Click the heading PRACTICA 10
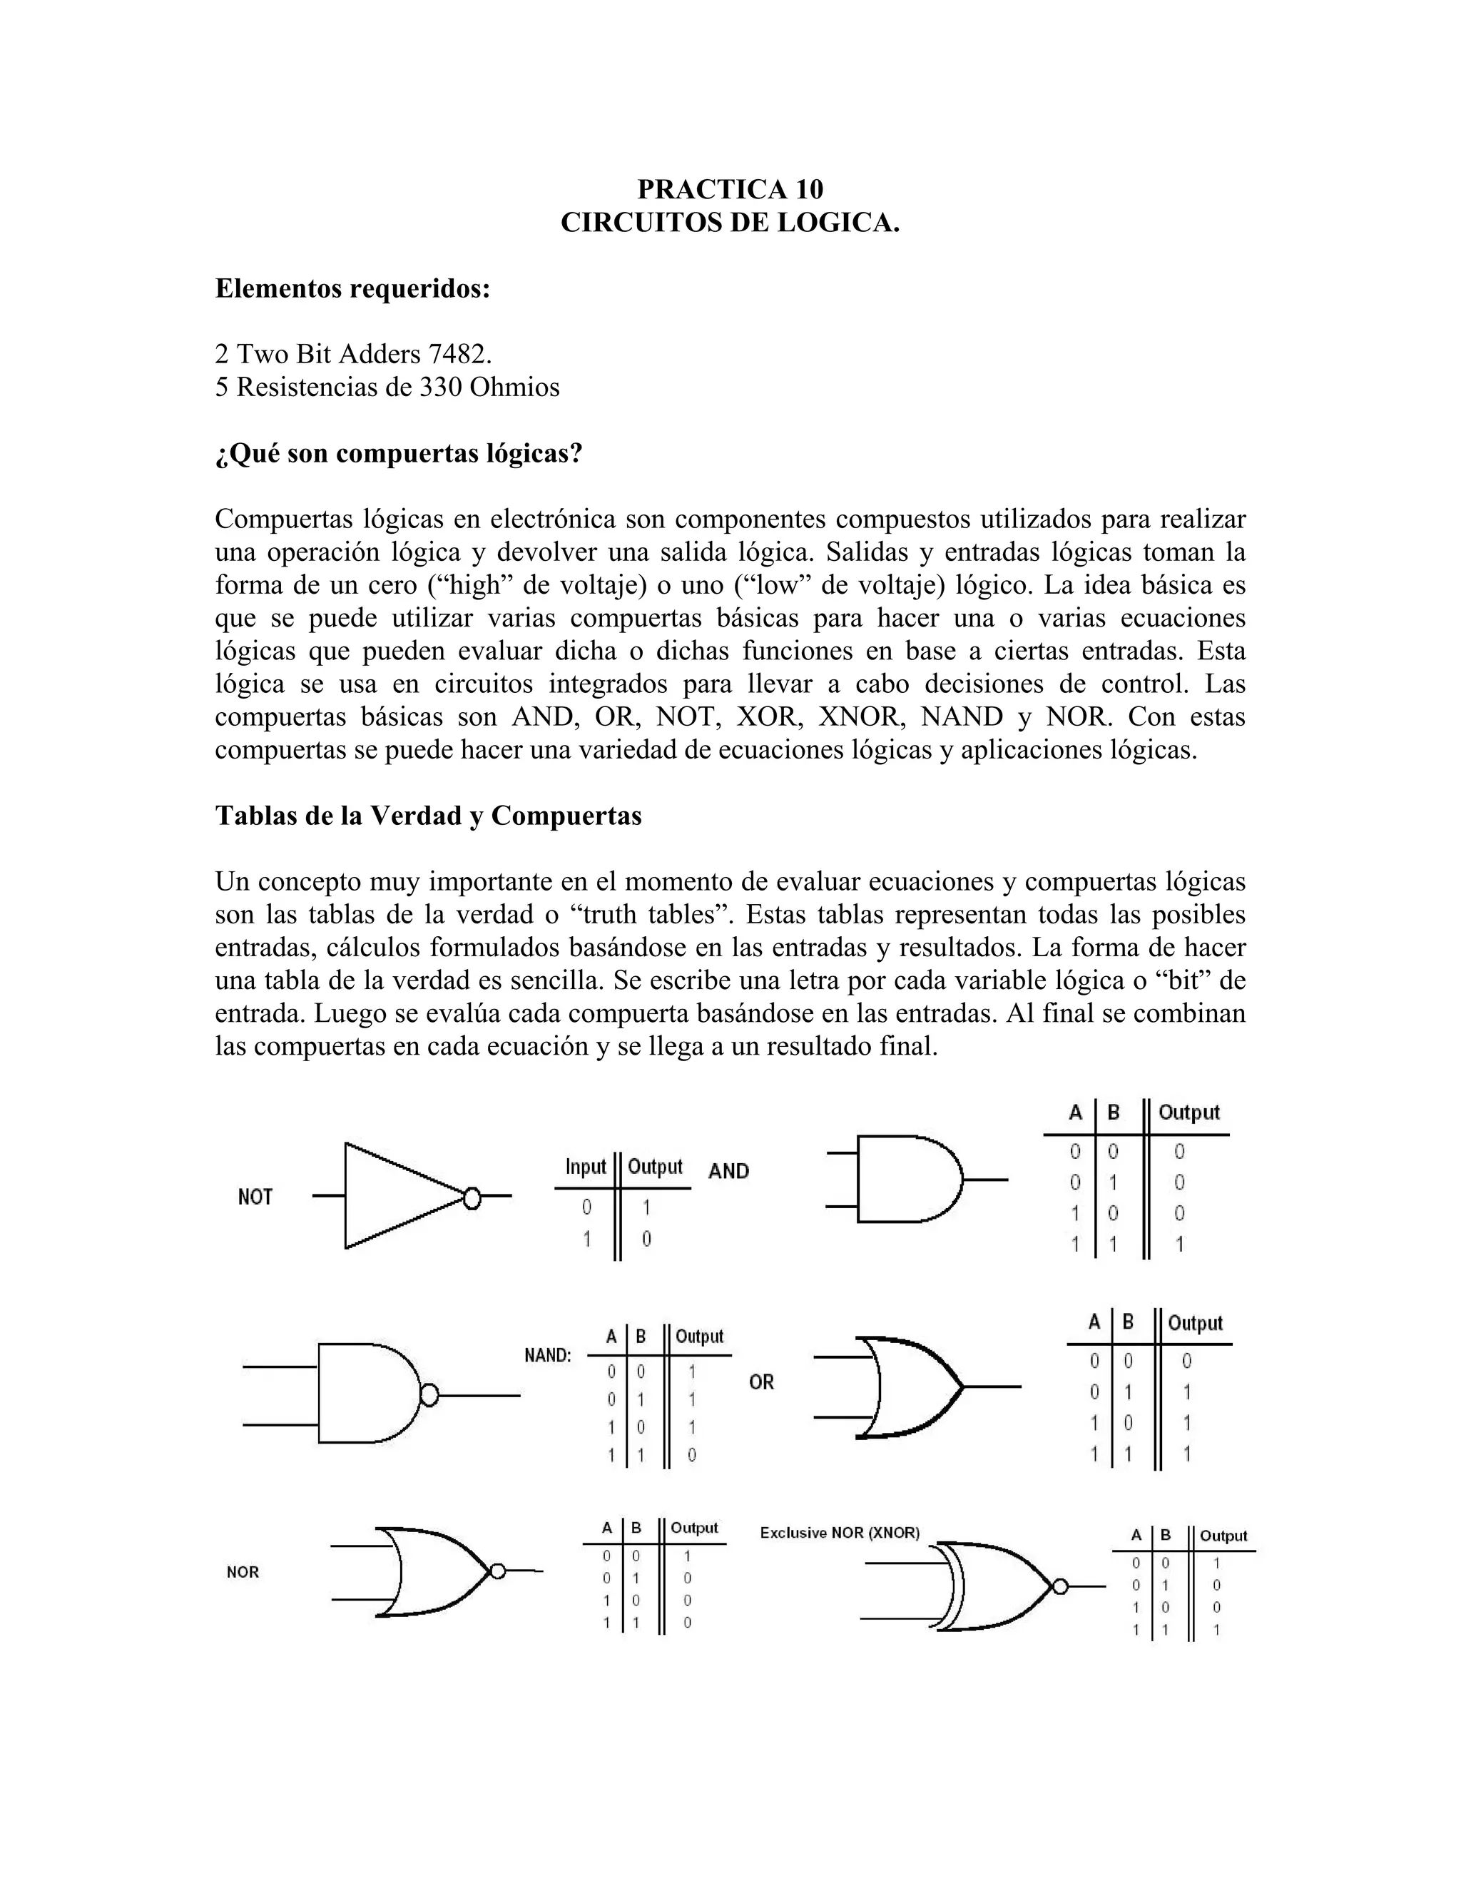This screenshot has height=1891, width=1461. [x=730, y=189]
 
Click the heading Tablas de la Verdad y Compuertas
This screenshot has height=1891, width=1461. [x=429, y=816]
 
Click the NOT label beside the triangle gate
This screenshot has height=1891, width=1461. [x=255, y=1197]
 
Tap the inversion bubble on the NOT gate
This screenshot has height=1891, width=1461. [x=472, y=1197]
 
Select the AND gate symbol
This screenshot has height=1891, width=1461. [x=909, y=1180]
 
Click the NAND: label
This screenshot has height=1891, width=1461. [x=548, y=1356]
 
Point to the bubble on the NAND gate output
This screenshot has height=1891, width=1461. [x=429, y=1395]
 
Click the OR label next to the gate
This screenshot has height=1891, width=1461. [x=762, y=1383]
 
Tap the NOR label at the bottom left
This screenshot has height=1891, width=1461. [x=243, y=1572]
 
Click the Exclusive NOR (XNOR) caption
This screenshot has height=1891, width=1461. [x=840, y=1533]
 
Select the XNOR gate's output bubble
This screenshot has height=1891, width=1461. [x=1059, y=1586]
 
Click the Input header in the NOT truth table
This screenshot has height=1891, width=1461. [x=586, y=1167]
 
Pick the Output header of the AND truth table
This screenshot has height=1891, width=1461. [x=1188, y=1112]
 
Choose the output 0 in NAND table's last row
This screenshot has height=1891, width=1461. [x=691, y=1456]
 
